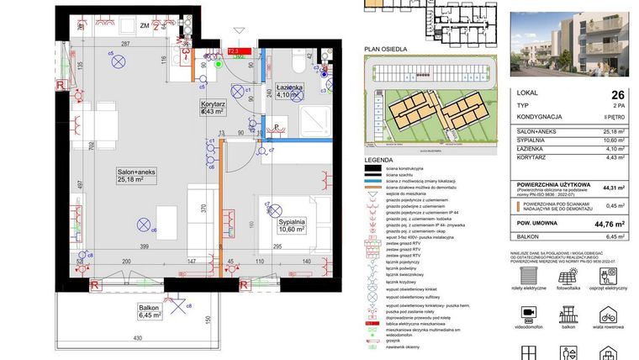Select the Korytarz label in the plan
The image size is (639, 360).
pyautogui.click(x=211, y=107)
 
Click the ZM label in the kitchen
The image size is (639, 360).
pyautogui.click(x=144, y=25)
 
